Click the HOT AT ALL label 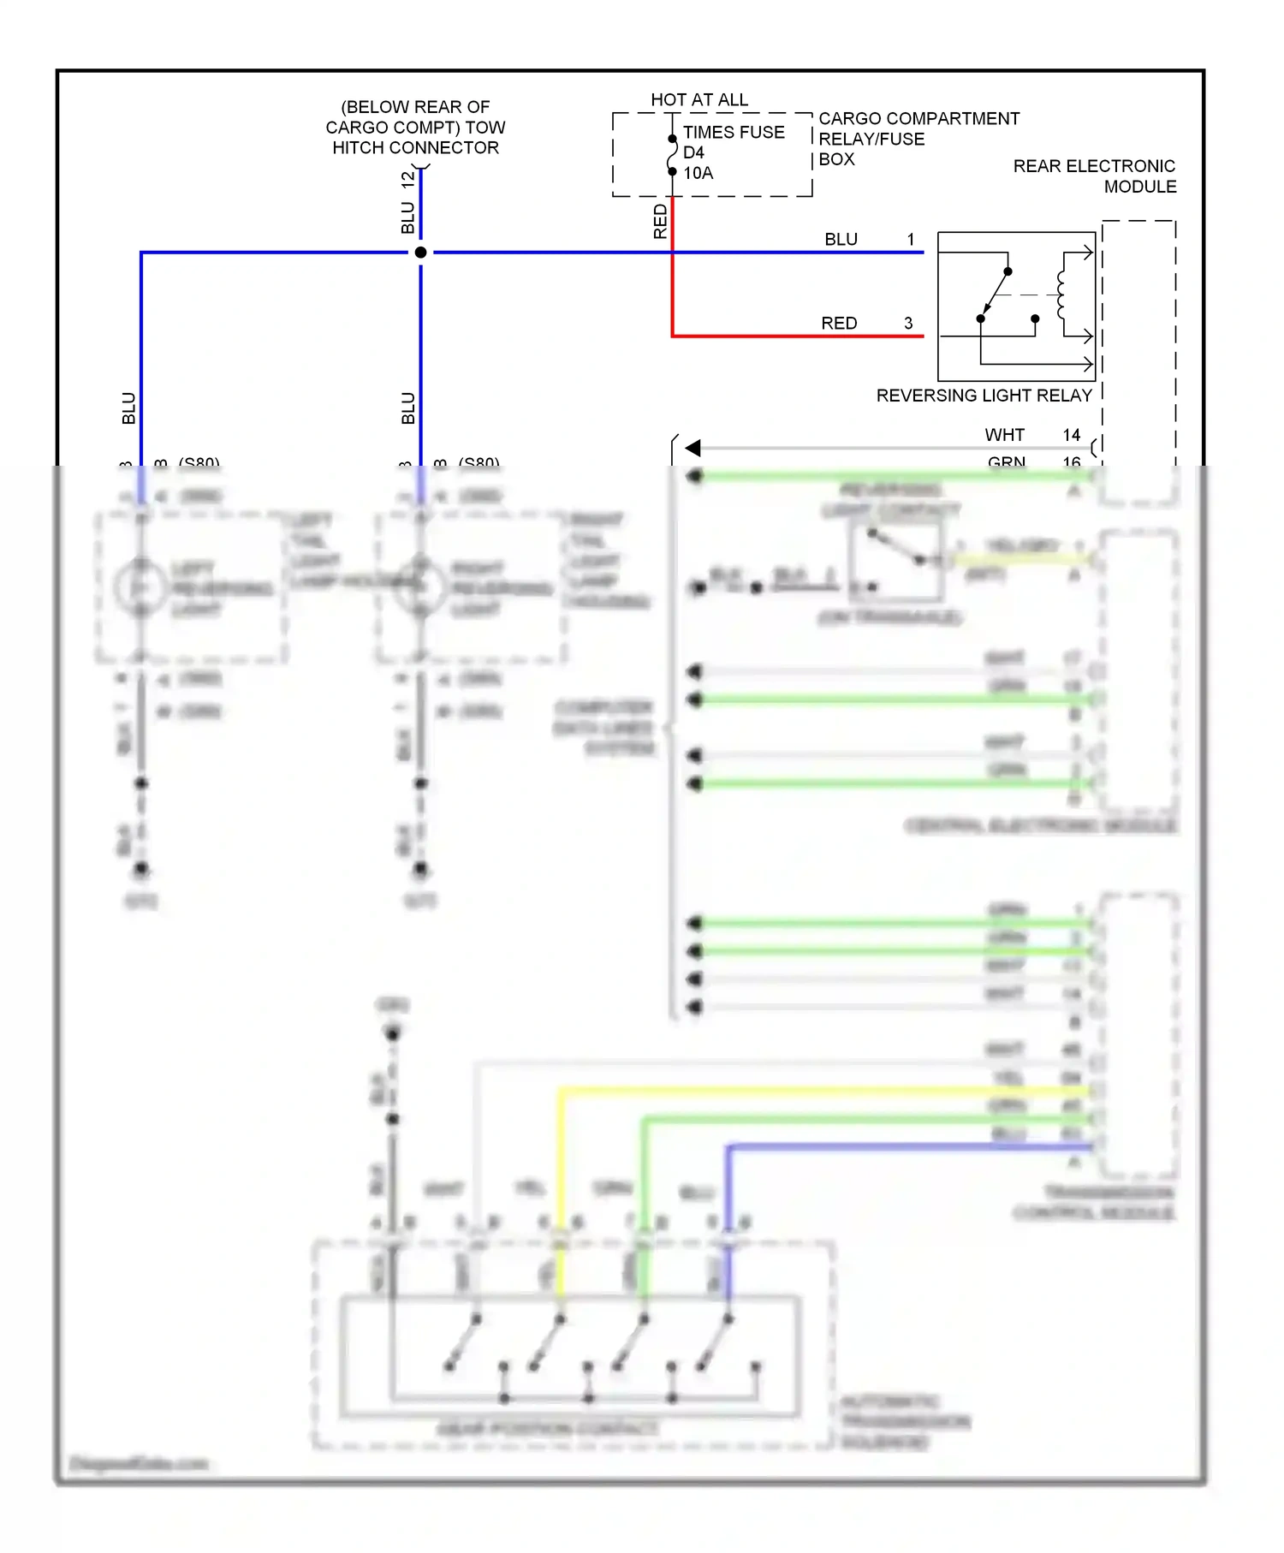[x=698, y=100]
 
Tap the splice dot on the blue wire [x=420, y=253]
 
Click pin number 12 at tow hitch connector [x=408, y=180]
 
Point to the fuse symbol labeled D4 [x=672, y=155]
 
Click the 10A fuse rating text [x=698, y=173]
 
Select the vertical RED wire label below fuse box [x=660, y=222]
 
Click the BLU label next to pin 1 [x=841, y=240]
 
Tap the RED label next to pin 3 [x=838, y=324]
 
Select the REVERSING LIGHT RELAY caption [x=984, y=396]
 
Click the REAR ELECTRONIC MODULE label [x=1094, y=176]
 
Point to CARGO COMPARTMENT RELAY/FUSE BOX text [x=918, y=139]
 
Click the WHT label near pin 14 [x=1003, y=435]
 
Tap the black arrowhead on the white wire [x=693, y=448]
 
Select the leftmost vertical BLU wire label [x=128, y=408]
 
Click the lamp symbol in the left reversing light [x=140, y=587]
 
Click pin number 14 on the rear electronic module [x=1071, y=435]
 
